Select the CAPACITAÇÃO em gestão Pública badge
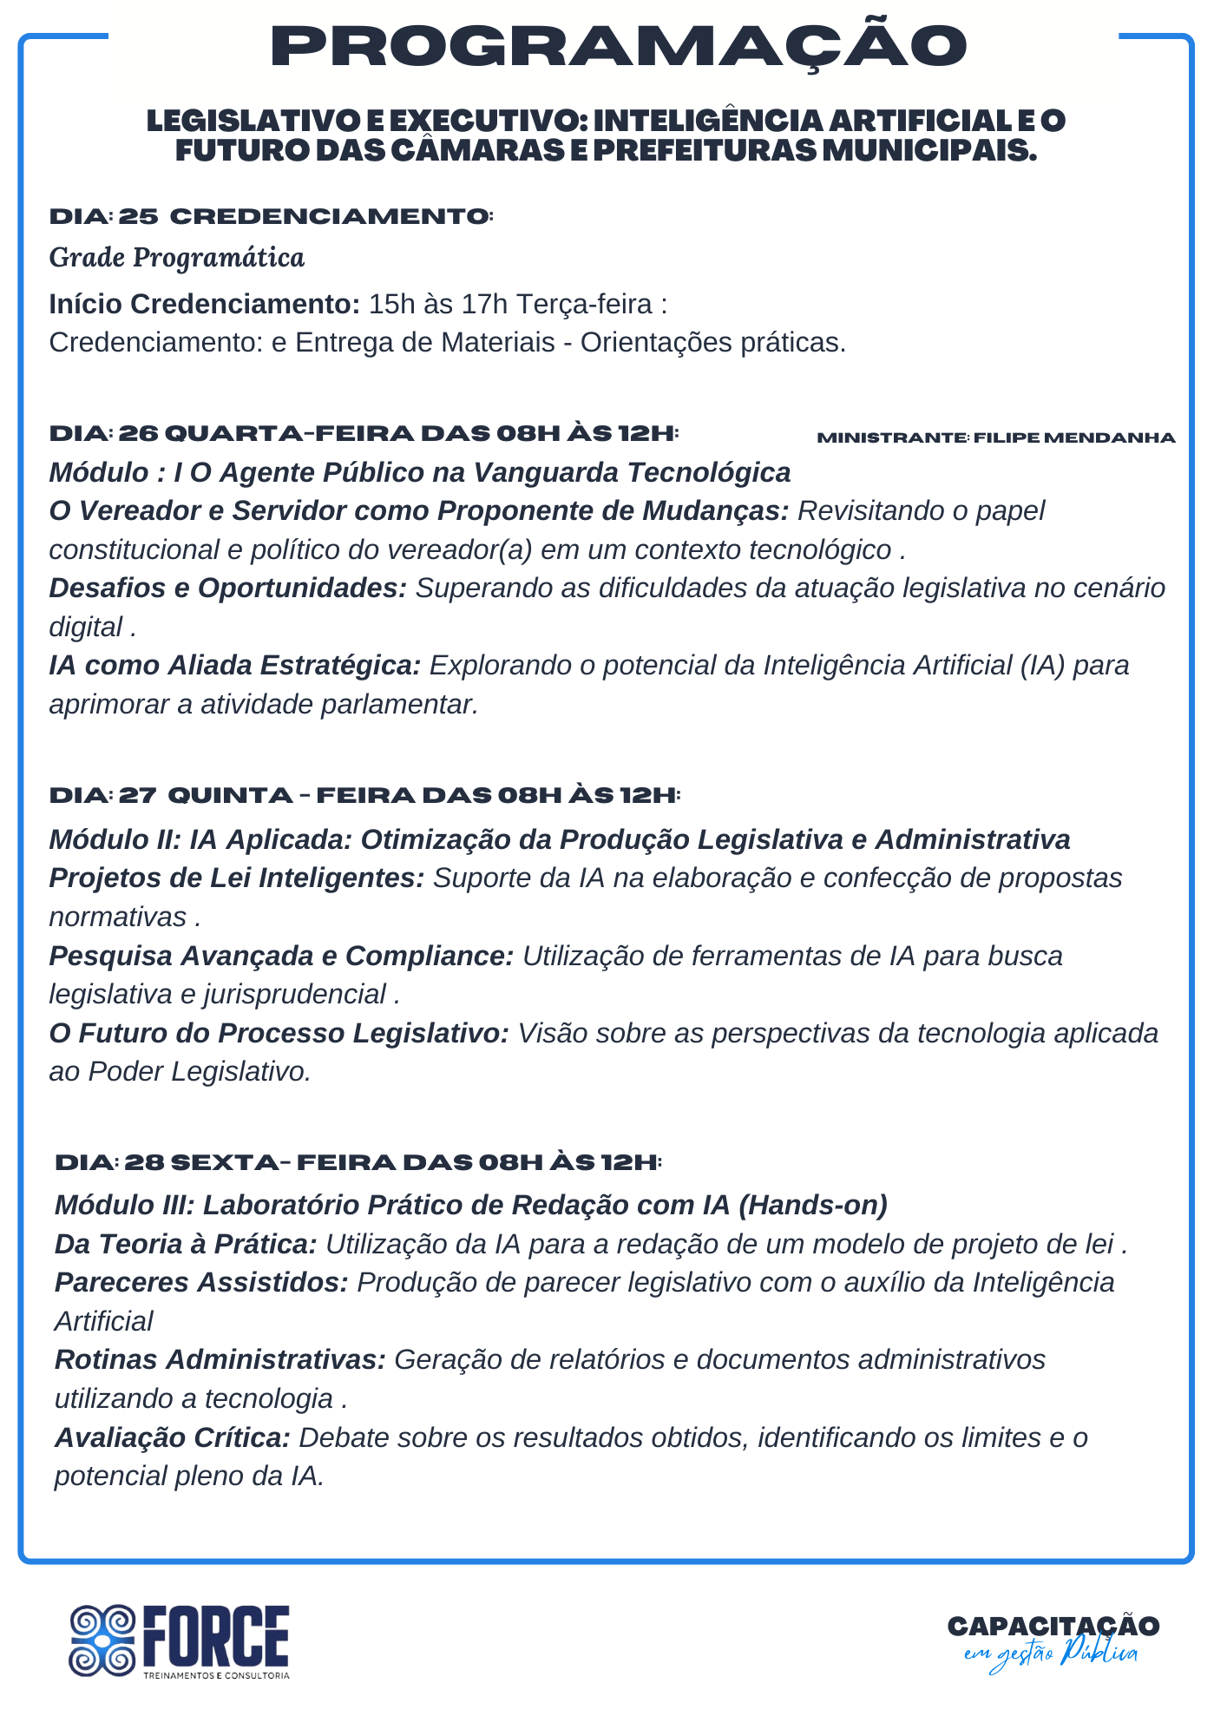[x=1053, y=1640]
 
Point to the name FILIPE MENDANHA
[x=1074, y=437]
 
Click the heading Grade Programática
[x=177, y=258]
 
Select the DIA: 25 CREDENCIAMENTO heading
[x=271, y=216]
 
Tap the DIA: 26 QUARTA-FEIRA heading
[x=364, y=433]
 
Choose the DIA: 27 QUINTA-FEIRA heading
[x=364, y=795]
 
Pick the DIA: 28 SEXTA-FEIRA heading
[x=358, y=1162]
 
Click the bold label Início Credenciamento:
[x=204, y=305]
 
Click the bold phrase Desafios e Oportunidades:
[x=227, y=589]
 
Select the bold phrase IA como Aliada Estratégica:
[x=234, y=666]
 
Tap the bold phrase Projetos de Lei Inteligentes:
[x=236, y=878]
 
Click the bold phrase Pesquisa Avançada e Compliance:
[x=281, y=956]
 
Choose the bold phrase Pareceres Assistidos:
[x=201, y=1282]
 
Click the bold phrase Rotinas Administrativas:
[x=220, y=1359]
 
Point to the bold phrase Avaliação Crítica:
[x=172, y=1437]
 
